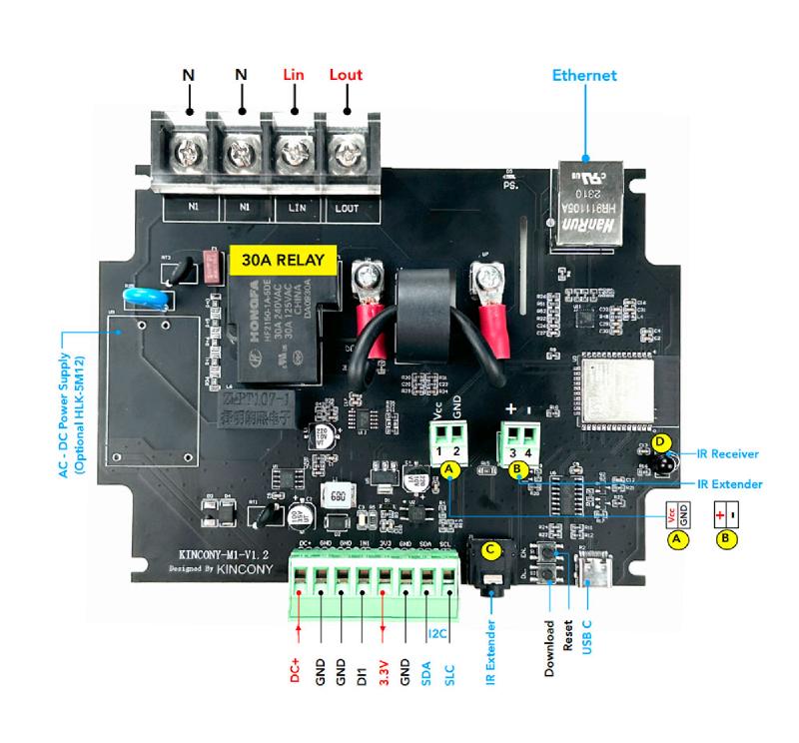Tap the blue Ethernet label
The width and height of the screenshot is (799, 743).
click(x=584, y=75)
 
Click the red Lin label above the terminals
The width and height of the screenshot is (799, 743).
click(x=294, y=75)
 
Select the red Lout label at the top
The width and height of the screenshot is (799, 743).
click(x=346, y=75)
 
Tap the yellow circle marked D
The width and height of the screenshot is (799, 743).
click(x=658, y=440)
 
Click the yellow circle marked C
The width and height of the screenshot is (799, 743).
click(x=489, y=548)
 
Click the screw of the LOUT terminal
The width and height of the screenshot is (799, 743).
click(x=346, y=154)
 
